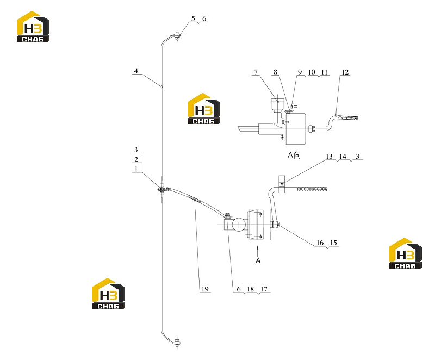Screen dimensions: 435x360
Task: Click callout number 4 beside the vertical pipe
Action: click(x=136, y=71)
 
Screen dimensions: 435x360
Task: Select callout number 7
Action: click(x=256, y=72)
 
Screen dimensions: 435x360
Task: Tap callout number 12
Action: click(x=345, y=72)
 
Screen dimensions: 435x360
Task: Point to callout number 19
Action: click(x=205, y=289)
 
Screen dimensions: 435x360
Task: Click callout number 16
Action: click(x=320, y=243)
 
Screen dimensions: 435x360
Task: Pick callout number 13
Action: click(x=329, y=157)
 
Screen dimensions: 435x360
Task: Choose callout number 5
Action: click(x=193, y=18)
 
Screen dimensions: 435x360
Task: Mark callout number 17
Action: click(x=264, y=289)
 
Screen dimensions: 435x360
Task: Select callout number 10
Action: click(x=312, y=72)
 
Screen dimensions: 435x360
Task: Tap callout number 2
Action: click(x=136, y=159)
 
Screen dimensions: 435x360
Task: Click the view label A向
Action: click(x=294, y=155)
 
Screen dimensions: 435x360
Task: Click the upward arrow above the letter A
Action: click(x=258, y=251)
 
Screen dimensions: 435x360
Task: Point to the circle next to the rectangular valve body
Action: click(x=239, y=225)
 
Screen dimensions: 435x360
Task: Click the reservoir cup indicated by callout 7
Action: click(x=278, y=104)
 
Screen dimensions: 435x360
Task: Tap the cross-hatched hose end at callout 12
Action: click(x=347, y=117)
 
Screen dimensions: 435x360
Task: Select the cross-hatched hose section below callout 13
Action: click(x=312, y=189)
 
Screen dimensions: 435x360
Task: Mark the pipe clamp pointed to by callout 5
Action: click(x=177, y=36)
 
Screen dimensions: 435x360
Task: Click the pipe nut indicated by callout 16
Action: click(x=276, y=225)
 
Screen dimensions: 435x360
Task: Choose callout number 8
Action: click(x=275, y=72)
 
